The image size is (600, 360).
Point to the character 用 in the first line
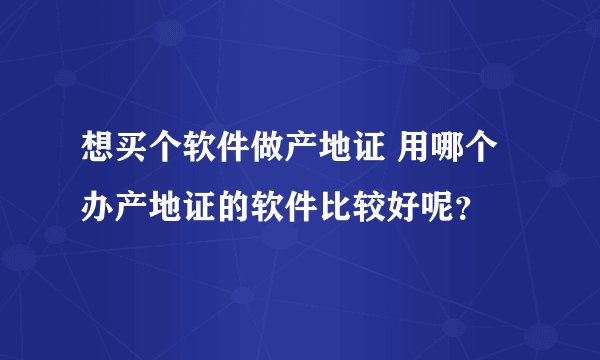[x=415, y=155]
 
